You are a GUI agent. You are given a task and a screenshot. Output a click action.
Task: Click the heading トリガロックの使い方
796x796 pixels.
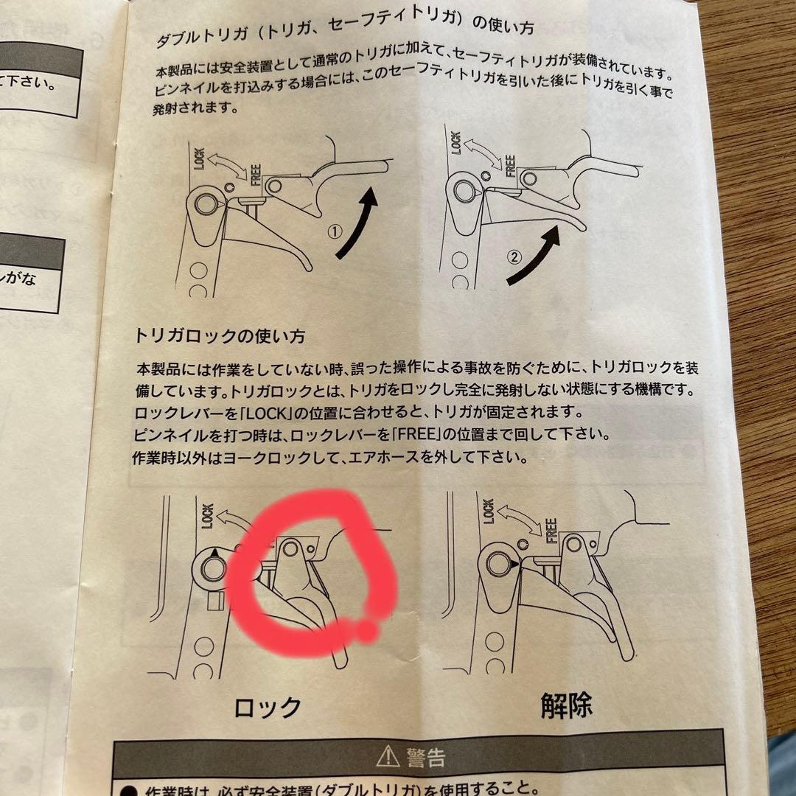pos(220,336)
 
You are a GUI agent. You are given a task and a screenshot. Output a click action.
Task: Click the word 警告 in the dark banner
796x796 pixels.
pos(425,756)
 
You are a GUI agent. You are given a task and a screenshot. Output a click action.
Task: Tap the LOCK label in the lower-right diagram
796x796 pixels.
pos(488,510)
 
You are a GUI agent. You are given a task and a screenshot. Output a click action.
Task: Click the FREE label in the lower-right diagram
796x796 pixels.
pos(549,530)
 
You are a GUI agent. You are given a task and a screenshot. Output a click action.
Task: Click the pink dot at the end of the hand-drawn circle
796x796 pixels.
pos(366,631)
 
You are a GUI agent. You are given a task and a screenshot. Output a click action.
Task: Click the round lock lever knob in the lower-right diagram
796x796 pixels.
pos(495,564)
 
